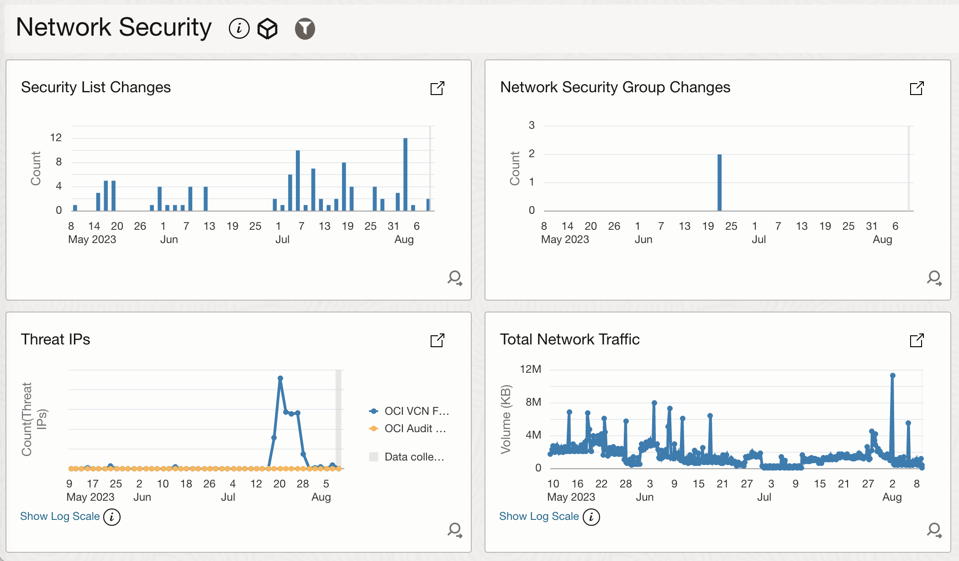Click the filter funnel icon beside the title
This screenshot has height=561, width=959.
[x=305, y=29]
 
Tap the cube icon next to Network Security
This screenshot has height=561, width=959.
[x=268, y=29]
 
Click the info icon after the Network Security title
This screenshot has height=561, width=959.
[x=239, y=29]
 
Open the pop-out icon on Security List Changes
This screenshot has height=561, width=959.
[x=437, y=88]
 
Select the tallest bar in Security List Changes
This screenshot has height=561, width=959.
[x=405, y=174]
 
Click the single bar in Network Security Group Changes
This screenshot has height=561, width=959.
[x=719, y=182]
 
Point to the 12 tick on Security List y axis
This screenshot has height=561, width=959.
[x=56, y=138]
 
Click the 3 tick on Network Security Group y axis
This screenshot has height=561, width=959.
[x=532, y=125]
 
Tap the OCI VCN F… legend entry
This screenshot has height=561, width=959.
[x=410, y=411]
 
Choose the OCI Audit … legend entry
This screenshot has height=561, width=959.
[x=408, y=429]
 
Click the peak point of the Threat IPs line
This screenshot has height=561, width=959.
[x=280, y=378]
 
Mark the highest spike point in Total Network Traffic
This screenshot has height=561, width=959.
[x=892, y=376]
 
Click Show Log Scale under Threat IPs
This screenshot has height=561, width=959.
[x=60, y=516]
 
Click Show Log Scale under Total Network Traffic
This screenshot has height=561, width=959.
[x=539, y=516]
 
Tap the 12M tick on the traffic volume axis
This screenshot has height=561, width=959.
[x=530, y=369]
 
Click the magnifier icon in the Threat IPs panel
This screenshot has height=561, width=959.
[x=455, y=530]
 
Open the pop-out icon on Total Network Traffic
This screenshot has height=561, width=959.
[x=917, y=340]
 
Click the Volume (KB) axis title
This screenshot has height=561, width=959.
[x=506, y=419]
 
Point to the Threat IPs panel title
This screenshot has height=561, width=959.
[x=55, y=339]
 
